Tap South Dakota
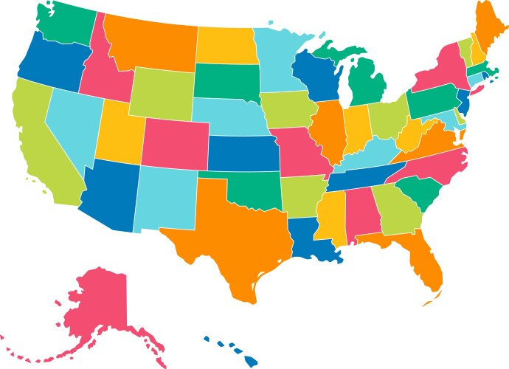[x=226, y=80]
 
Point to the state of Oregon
[x=49, y=63]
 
